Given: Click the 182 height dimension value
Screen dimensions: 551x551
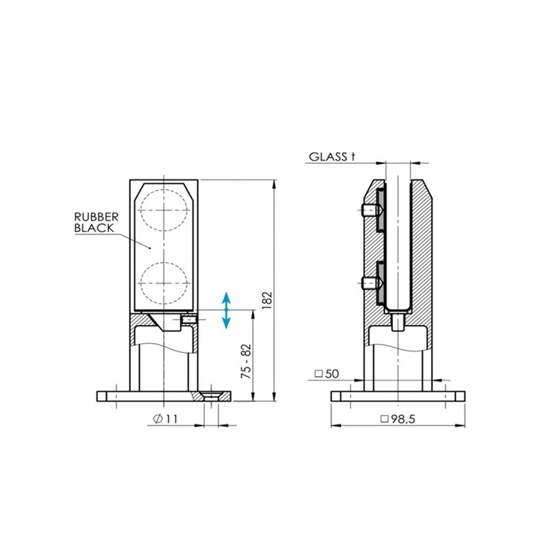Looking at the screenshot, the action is coord(267,300).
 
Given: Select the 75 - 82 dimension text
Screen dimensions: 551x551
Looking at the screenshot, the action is coord(247,361).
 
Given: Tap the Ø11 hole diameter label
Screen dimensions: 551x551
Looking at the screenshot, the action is coord(165,419).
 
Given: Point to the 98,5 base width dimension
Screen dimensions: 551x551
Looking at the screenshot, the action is coord(398,419).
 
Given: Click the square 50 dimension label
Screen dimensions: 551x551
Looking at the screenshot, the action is coord(326,374).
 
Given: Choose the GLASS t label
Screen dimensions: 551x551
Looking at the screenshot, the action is coord(332,156).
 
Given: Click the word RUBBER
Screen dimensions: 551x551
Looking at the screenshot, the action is coord(96,217).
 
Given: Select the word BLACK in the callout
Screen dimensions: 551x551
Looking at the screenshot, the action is coord(94,228).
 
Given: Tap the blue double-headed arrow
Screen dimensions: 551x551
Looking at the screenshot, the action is coord(227,311).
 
